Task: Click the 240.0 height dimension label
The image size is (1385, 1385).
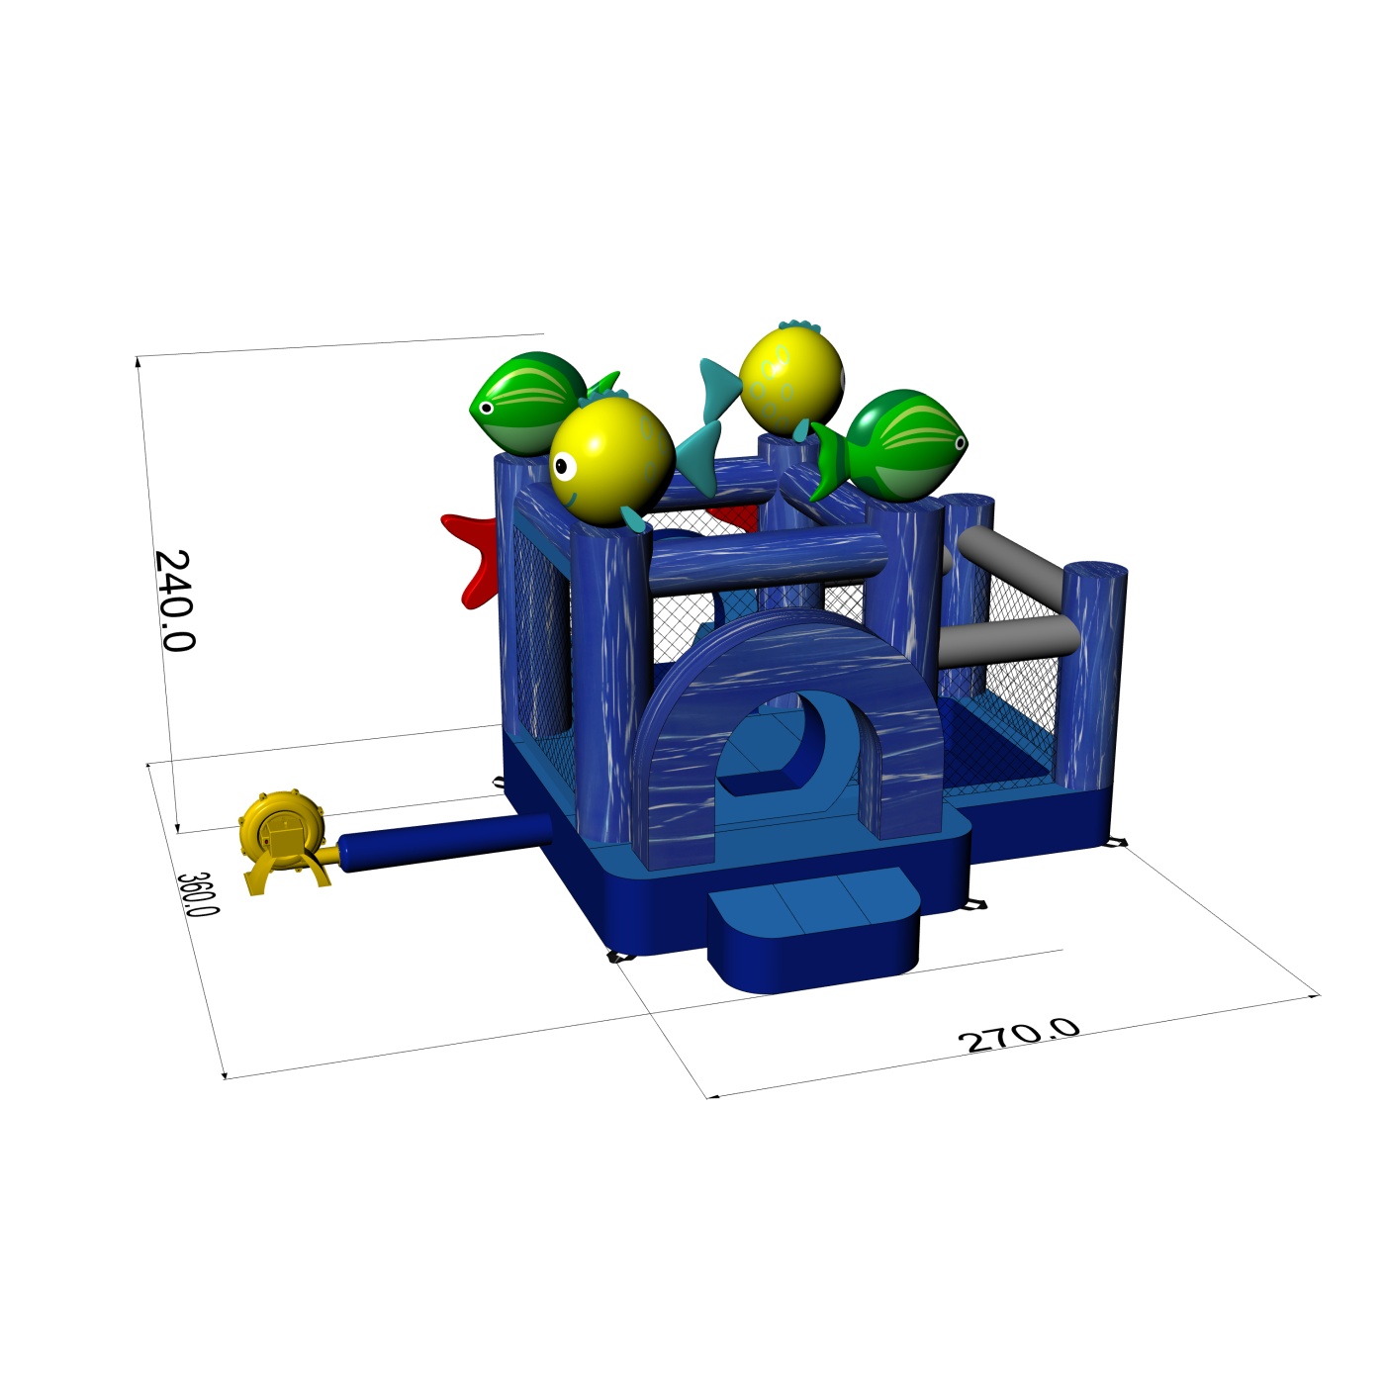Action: click(x=174, y=600)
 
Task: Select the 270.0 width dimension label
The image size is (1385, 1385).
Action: click(x=1018, y=1036)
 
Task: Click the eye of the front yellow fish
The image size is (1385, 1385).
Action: click(x=565, y=467)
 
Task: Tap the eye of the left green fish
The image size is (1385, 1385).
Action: click(x=486, y=408)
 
